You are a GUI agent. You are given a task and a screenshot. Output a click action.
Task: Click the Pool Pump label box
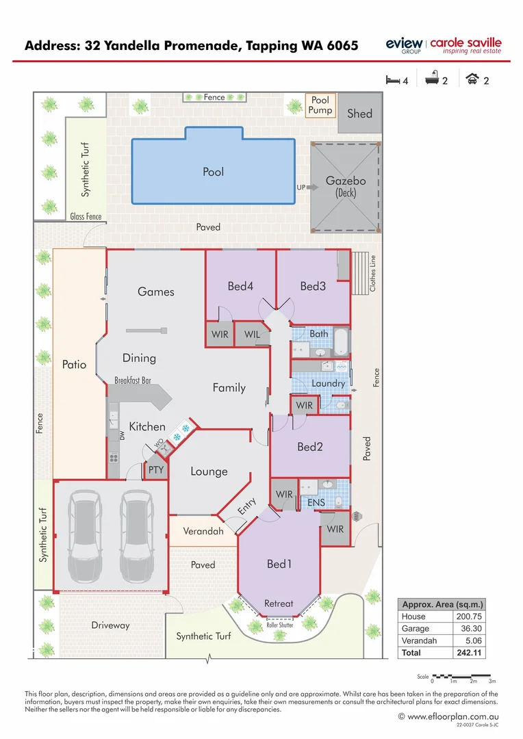(x=320, y=105)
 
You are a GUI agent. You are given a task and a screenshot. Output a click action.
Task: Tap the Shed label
(x=359, y=113)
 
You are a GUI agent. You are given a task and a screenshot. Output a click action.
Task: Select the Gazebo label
(x=345, y=181)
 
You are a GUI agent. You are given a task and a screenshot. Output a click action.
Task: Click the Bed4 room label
(x=240, y=286)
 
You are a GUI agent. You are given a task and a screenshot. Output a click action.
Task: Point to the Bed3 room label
(x=313, y=286)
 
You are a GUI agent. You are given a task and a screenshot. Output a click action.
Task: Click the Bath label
(x=319, y=334)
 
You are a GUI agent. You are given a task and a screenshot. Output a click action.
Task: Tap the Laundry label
(x=329, y=383)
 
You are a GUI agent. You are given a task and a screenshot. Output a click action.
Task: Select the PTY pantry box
(x=156, y=470)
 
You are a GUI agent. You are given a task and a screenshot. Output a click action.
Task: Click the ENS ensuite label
(x=316, y=503)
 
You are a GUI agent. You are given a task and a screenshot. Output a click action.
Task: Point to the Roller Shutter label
(x=279, y=625)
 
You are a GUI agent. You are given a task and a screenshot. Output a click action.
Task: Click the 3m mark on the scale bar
(x=492, y=682)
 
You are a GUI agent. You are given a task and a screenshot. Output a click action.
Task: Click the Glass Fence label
(x=86, y=217)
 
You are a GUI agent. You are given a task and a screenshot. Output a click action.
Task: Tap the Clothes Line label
(x=373, y=273)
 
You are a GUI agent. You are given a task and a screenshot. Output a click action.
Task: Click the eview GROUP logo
(x=404, y=45)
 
